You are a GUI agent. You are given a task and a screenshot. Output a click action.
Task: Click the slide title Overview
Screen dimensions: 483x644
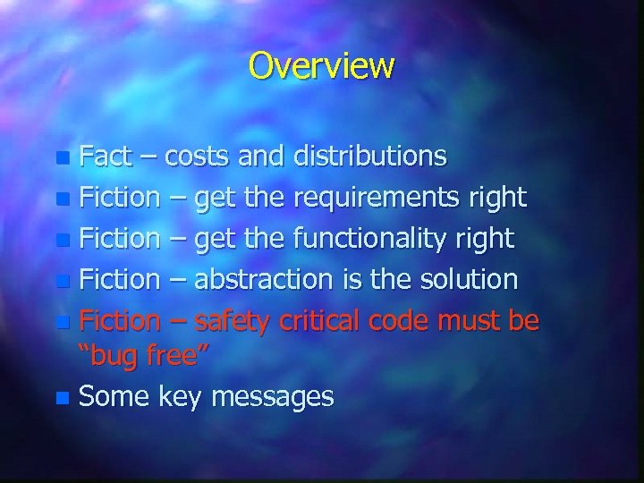coord(321,65)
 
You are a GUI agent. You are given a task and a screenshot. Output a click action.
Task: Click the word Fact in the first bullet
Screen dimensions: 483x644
coord(104,157)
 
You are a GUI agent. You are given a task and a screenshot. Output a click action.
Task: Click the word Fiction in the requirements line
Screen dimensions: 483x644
coord(118,198)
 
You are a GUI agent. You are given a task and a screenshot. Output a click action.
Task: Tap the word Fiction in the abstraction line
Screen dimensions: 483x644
coord(118,280)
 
